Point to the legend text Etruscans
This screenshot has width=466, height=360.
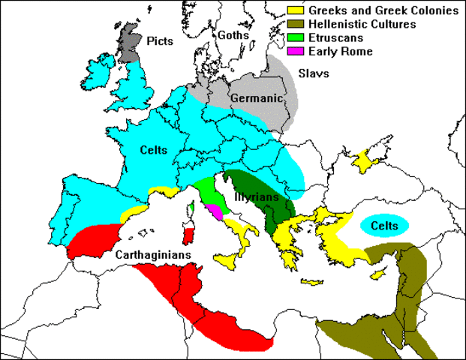pyautogui.click(x=335, y=38)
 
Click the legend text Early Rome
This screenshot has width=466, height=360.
pyautogui.click(x=335, y=52)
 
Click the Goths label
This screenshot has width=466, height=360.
pyautogui.click(x=232, y=34)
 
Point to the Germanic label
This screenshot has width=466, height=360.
pyautogui.click(x=257, y=97)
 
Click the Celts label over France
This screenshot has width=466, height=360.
pyautogui.click(x=153, y=150)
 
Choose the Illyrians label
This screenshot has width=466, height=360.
pyautogui.click(x=257, y=197)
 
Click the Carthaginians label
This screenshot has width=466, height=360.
pyautogui.click(x=152, y=254)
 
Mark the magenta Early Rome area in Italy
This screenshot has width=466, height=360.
pyautogui.click(x=216, y=211)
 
